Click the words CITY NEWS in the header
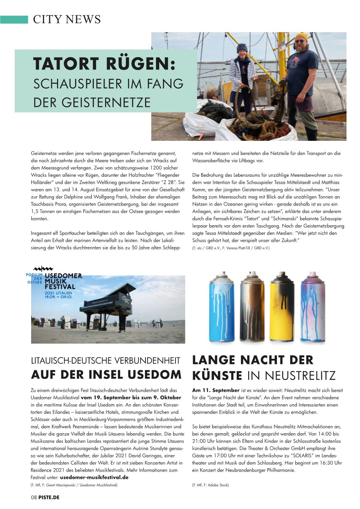point(66,19)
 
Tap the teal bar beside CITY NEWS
point(14,19)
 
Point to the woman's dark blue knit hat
point(243,47)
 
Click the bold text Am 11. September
point(216,390)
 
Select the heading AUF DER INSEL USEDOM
point(106,374)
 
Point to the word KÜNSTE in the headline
point(217,375)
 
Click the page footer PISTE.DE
point(49,497)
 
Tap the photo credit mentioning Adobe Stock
point(210,485)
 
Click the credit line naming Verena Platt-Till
point(231,248)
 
